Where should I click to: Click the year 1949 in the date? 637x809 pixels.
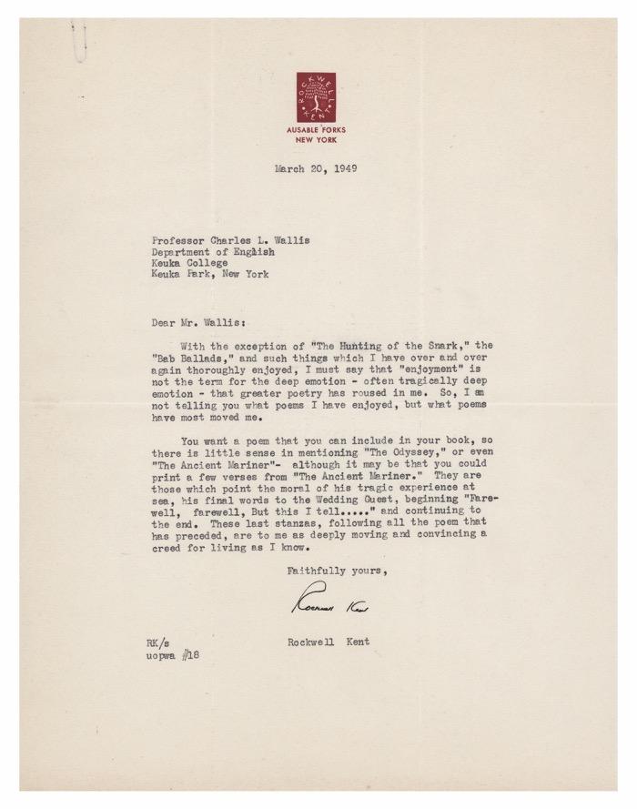340,168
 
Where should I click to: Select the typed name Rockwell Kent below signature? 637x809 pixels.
328,642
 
